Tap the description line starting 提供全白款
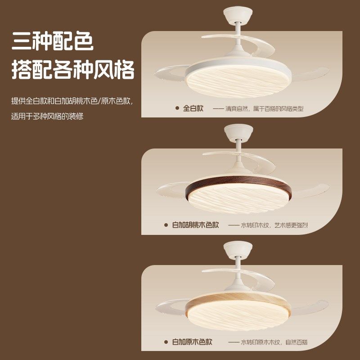[x=72, y=100]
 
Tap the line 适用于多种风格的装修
[x=47, y=116]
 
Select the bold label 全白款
[x=193, y=108]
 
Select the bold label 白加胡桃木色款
[x=195, y=225]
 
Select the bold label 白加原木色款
[x=192, y=342]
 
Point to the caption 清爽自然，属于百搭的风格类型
[x=258, y=109]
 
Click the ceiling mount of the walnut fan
[x=238, y=132]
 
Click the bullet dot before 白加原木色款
[x=166, y=342]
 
